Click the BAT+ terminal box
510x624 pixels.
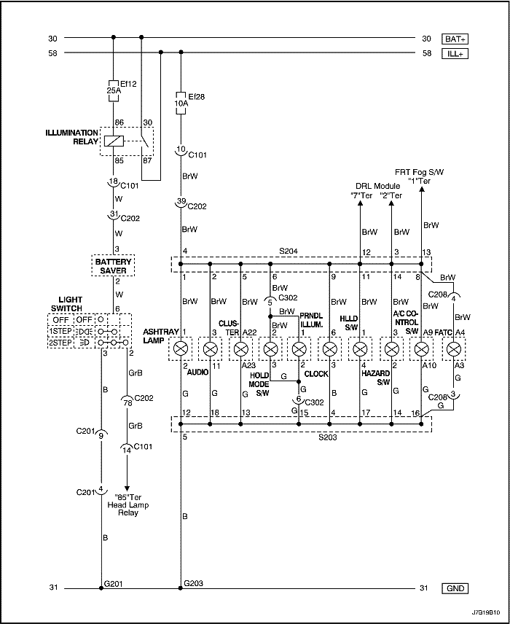(x=456, y=38)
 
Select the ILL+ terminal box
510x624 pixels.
(x=456, y=52)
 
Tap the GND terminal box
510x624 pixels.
(x=456, y=588)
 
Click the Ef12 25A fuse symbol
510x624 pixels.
(x=113, y=88)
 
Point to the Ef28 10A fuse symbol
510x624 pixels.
(x=181, y=100)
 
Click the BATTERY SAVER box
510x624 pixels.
(x=112, y=265)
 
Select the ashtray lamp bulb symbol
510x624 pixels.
(x=181, y=348)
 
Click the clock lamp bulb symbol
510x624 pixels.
(x=299, y=348)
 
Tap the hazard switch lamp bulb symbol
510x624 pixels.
(x=360, y=348)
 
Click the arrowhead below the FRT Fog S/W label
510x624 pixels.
(x=423, y=190)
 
